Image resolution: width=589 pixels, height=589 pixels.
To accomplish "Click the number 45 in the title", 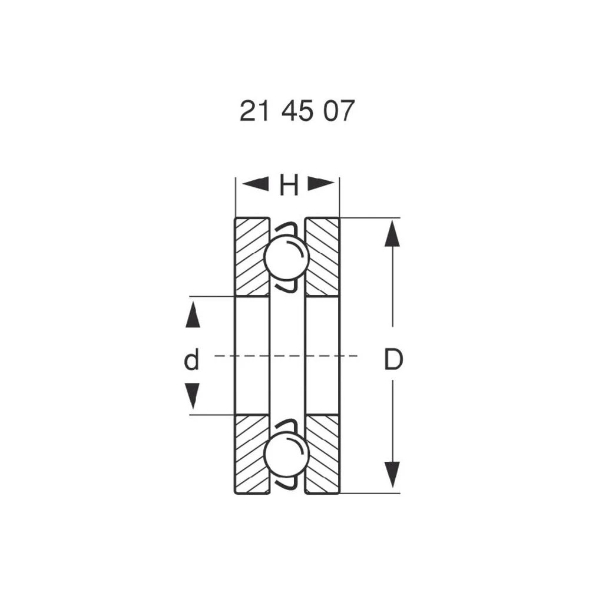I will tap(297, 111).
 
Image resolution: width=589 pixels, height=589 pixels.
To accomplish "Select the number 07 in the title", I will tap(339, 111).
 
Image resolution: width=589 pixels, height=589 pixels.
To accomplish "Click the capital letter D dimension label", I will tap(393, 359).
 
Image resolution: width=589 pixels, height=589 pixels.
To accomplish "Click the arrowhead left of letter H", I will tap(255, 184).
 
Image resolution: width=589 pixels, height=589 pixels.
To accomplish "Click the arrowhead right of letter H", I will tap(321, 184).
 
